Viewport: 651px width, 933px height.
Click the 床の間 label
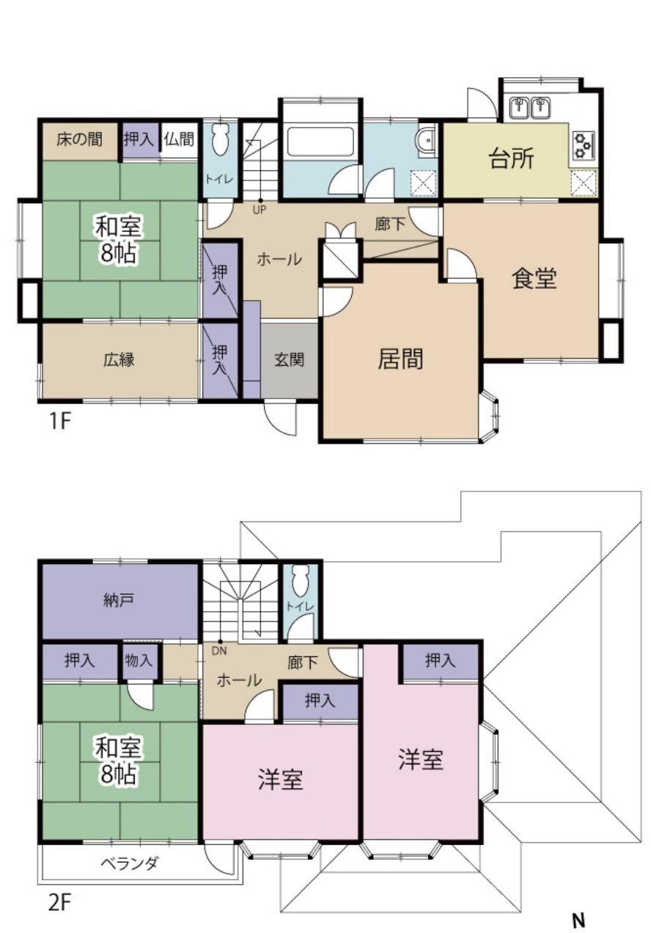pos(79,139)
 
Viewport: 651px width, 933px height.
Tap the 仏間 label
pos(179,139)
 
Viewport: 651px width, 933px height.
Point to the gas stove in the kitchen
pos(582,145)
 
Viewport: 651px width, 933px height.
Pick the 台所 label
pos(512,158)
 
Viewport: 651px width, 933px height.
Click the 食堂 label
pos(534,278)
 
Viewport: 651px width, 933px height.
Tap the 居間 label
pos(400,359)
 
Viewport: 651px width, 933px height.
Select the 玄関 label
pos(290,359)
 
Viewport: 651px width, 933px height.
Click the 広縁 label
pos(119,359)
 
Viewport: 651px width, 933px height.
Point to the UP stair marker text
pos(260,210)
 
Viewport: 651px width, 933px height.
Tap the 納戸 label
pos(119,600)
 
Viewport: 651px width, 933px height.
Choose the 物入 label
pos(139,660)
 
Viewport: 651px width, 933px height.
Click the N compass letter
pos(579,920)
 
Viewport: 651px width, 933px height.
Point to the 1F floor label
pos(60,422)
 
